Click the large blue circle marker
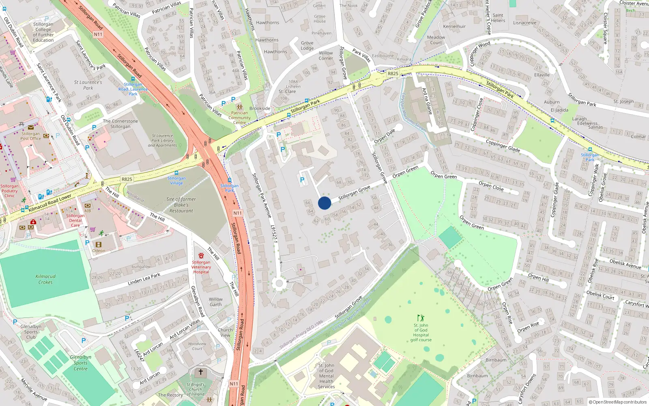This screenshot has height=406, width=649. [x=324, y=203]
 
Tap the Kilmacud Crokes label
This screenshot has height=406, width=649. [x=45, y=279]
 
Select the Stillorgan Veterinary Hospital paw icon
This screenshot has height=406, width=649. [x=201, y=256]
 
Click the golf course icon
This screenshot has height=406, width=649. [x=421, y=318]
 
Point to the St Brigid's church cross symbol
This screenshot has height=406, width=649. [x=200, y=372]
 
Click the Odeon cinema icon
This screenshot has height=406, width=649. [x=98, y=244]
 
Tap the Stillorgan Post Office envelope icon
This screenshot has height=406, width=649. [x=31, y=127]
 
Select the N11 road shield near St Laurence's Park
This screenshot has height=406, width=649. [x=98, y=35]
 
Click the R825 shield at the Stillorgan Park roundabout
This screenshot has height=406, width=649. [x=393, y=73]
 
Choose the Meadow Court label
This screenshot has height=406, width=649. [x=436, y=40]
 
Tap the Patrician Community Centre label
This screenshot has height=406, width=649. [x=239, y=118]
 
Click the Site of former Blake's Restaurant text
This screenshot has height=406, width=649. [x=181, y=205]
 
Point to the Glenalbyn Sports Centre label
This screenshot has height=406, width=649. [x=80, y=363]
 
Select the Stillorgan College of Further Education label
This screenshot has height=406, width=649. [x=43, y=32]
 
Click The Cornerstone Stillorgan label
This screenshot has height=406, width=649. [x=120, y=124]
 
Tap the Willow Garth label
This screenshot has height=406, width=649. [x=216, y=302]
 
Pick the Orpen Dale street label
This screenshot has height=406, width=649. [x=384, y=136]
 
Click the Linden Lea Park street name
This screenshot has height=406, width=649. [x=144, y=279]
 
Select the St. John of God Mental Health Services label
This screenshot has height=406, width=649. [x=326, y=376]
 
